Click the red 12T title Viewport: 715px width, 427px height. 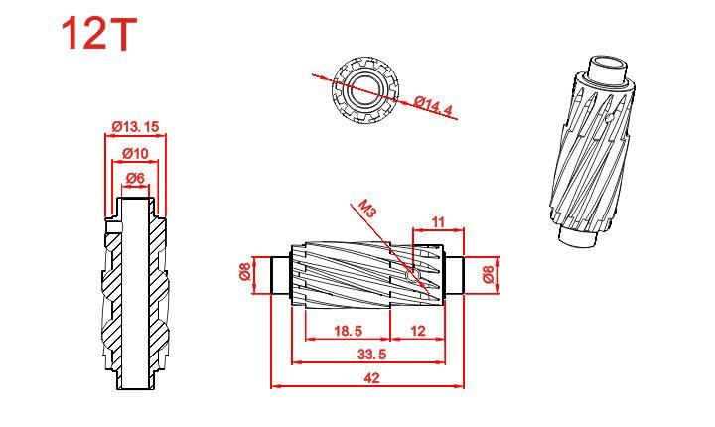click(x=99, y=34)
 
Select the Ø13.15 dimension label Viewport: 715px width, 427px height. click(x=135, y=126)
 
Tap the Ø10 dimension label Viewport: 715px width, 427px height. click(x=135, y=153)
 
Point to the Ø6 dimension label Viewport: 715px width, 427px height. click(x=135, y=179)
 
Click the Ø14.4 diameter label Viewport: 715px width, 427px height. click(x=434, y=106)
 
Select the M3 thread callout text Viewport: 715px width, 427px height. click(x=367, y=208)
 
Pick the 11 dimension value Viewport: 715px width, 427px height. click(x=438, y=222)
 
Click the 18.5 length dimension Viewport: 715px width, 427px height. click(x=348, y=331)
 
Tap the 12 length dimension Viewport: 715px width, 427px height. click(x=418, y=331)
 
